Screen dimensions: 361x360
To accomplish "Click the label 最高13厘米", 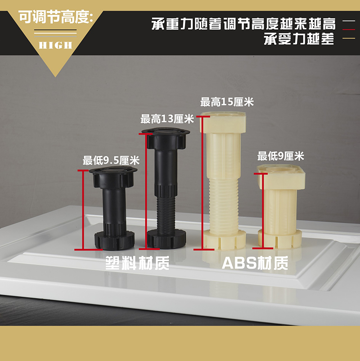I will tap(167, 119).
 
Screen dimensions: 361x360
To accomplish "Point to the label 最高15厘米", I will tap(227, 102).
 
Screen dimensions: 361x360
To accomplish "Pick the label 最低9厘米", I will tap(281, 157).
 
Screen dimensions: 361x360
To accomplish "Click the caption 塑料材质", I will tap(137, 263).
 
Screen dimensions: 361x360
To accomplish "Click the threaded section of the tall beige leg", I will tap(224, 203).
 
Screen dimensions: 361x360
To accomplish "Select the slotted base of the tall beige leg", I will tap(224, 239).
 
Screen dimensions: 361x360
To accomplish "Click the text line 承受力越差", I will tap(299, 40).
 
